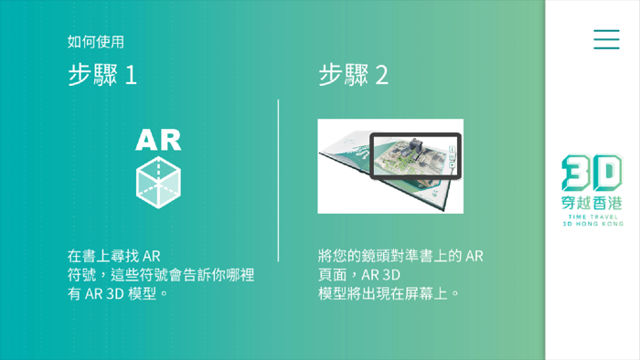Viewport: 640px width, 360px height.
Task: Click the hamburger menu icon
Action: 606,38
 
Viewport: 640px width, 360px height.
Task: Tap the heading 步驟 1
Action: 102,75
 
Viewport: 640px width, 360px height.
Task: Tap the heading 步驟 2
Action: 353,75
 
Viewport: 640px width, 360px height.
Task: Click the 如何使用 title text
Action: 96,42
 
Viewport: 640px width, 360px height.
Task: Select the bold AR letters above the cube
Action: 158,140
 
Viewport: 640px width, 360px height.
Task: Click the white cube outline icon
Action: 158,182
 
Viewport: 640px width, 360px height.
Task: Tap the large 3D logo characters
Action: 592,174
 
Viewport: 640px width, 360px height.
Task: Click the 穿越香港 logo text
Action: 592,203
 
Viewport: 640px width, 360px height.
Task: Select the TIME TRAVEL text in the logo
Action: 592,217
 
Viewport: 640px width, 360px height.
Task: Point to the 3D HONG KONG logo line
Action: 592,224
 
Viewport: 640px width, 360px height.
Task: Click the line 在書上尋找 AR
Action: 113,256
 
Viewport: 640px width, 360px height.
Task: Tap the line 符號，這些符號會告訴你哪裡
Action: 161,275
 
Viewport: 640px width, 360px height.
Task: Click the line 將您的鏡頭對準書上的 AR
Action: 400,256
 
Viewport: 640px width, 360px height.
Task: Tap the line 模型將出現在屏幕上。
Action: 389,294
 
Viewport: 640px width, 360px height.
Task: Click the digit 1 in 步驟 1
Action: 131,75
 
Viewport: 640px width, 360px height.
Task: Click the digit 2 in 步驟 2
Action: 381,75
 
